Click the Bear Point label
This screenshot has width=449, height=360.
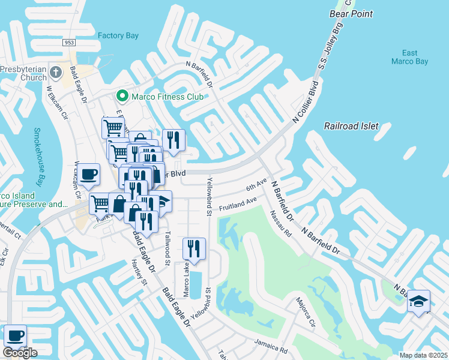[x=351, y=13]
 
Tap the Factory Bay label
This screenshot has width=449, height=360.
[x=118, y=35]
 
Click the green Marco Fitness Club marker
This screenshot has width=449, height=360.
[x=122, y=96]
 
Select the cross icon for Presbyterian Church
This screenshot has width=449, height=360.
[x=56, y=73]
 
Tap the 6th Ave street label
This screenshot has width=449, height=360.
[x=256, y=184]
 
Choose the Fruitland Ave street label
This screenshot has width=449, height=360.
[x=238, y=203]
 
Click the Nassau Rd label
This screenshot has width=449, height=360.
[x=280, y=223]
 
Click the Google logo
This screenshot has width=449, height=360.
[x=20, y=353]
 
